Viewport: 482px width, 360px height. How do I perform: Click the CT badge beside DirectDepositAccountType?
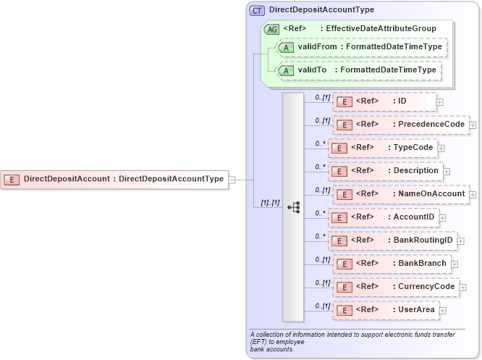coord(257,11)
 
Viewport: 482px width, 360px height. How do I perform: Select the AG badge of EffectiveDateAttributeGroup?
coord(272,29)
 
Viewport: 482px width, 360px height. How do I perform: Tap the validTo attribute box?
coord(355,71)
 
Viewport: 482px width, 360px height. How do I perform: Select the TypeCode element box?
coord(382,148)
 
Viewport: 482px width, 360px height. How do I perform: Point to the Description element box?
coord(385,171)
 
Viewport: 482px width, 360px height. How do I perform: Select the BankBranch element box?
coord(392,264)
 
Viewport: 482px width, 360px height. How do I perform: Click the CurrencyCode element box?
coord(396,287)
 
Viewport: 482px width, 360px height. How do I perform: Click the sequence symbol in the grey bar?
coord(293,207)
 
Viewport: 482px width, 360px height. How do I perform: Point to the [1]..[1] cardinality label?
coord(270,203)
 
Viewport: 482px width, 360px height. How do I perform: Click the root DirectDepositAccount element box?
coord(115,179)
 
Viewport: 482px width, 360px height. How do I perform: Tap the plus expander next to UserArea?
coord(443,311)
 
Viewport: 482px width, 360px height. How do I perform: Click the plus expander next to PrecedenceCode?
coord(473,125)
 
